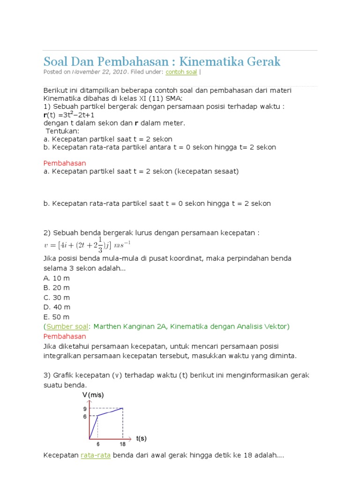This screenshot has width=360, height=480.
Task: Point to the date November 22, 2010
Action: [99, 72]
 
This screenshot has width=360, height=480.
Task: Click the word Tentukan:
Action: [62, 131]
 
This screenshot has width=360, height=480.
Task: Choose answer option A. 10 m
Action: [56, 278]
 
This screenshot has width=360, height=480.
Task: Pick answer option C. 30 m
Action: [56, 298]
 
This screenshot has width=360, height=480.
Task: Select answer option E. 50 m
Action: [56, 317]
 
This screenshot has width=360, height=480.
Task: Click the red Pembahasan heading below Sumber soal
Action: [65, 336]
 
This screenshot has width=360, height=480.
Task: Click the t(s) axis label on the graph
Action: [141, 439]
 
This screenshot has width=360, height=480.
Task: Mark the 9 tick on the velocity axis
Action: [85, 408]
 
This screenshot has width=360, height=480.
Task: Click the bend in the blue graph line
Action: [97, 416]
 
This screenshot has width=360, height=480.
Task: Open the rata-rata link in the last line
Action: [96, 455]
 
